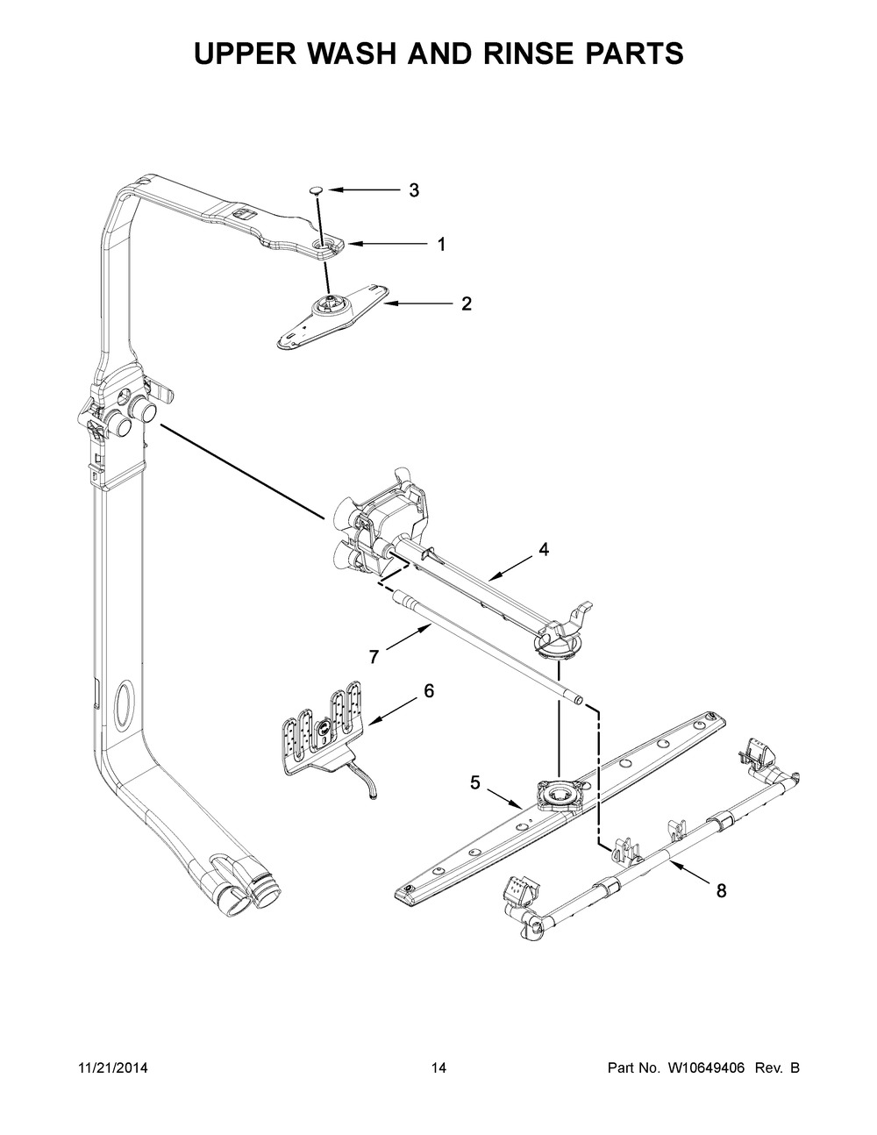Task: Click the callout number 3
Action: (415, 190)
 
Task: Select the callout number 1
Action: (441, 245)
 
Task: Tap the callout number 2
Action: (467, 304)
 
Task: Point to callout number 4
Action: (544, 550)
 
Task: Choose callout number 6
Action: (428, 691)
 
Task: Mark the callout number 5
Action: (474, 782)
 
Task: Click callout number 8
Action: (721, 891)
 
